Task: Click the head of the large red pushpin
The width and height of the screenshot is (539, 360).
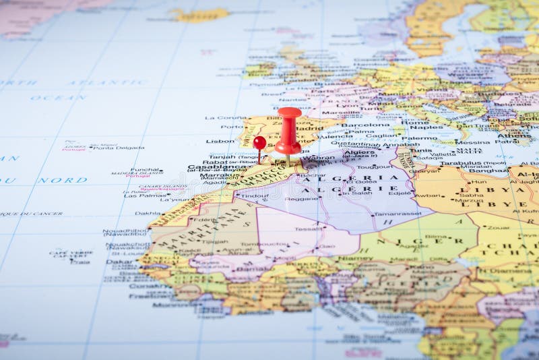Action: (289, 113)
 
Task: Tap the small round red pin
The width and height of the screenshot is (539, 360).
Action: (259, 142)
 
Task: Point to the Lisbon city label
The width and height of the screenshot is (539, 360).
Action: (220, 142)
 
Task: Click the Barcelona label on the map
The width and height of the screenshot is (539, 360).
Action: (365, 125)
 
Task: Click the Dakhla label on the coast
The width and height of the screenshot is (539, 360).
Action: (148, 213)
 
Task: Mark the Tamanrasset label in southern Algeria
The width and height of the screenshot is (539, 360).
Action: (398, 214)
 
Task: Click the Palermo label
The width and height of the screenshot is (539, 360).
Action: (420, 138)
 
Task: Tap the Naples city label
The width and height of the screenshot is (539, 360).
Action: (431, 127)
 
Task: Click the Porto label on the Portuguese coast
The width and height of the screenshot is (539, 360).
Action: (232, 127)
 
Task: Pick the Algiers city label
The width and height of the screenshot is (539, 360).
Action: (359, 152)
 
